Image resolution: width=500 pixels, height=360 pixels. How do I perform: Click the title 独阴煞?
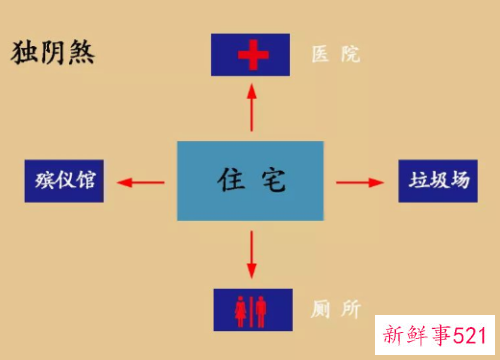52,51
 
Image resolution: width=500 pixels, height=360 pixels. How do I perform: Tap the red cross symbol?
250,55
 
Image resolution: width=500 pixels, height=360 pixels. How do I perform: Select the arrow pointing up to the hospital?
251,106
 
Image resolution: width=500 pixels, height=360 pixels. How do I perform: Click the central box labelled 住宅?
251,181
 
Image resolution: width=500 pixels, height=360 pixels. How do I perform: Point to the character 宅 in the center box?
273,181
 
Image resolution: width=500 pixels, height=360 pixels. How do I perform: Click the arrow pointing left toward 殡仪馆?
141,181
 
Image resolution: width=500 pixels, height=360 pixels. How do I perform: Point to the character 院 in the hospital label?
349,55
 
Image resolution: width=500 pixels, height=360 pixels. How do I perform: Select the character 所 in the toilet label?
349,310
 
